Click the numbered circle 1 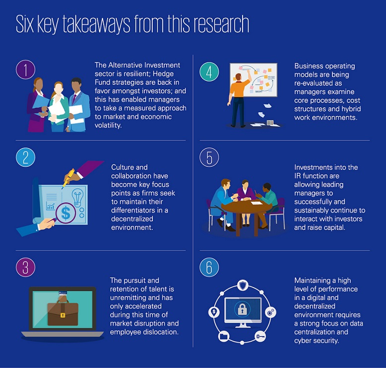pos(26,70)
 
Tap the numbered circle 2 pos(26,157)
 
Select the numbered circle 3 pos(26,267)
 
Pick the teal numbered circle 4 pos(209,72)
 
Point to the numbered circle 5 pos(209,157)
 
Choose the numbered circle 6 pos(209,267)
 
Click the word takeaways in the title pos(96,24)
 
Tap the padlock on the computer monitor pos(243,309)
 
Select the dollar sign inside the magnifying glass pos(65,213)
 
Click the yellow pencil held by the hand pos(68,178)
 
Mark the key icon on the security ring pos(260,336)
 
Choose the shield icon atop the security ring pos(243,285)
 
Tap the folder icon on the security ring pos(224,336)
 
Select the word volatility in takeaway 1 pos(108,126)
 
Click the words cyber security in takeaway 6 pos(317,341)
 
